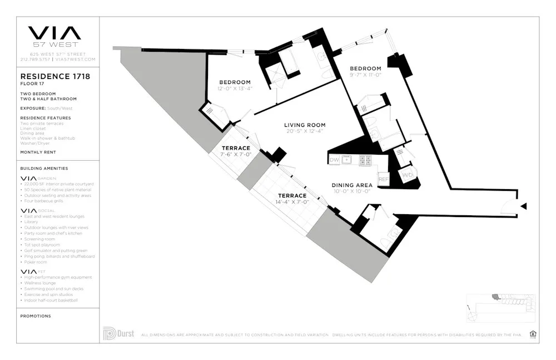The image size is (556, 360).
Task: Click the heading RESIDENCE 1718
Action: pos(55,76)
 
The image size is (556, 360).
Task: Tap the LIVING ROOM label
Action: pos(304,125)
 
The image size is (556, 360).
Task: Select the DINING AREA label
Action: pos(351,185)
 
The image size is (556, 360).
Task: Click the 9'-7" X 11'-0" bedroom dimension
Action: pos(365,75)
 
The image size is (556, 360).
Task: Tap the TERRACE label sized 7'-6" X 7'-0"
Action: pos(236,148)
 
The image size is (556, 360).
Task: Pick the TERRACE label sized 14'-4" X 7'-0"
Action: pos(292,196)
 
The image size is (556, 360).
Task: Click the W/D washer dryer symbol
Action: pos(408,175)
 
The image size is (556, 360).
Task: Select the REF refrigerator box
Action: pos(383,179)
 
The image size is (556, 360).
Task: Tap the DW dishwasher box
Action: pos(334,160)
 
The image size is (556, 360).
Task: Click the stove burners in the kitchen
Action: pos(365,160)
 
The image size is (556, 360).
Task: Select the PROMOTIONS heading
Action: pos(36,316)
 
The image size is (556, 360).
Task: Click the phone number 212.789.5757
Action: pos(34,59)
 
